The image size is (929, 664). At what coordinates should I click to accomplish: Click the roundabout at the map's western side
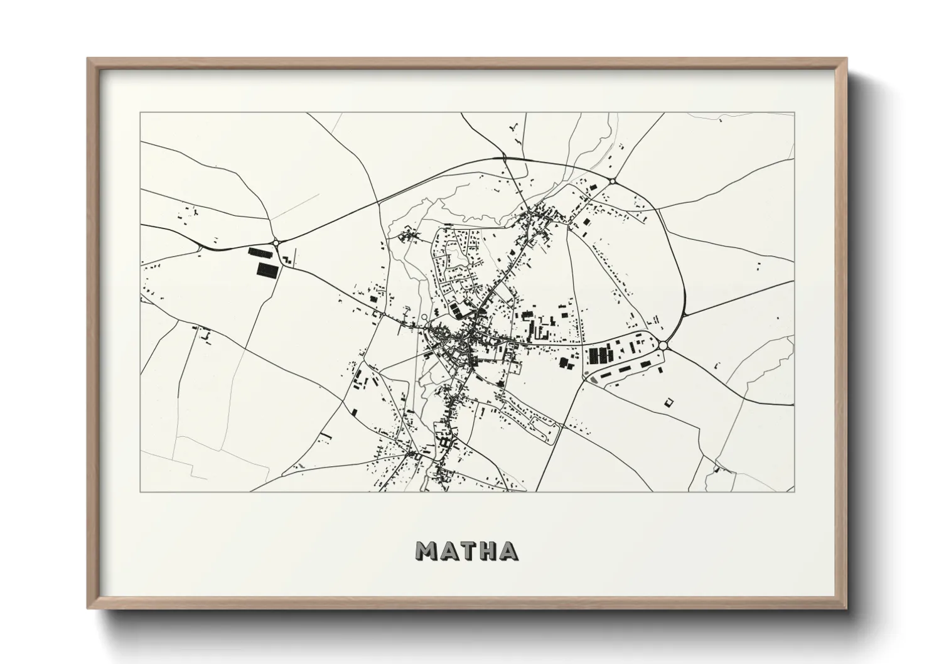point(276,242)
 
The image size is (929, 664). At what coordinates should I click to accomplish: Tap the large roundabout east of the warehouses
point(664,345)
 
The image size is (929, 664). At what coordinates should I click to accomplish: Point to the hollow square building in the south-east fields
point(669,401)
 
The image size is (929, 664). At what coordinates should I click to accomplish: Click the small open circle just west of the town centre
point(424,318)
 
